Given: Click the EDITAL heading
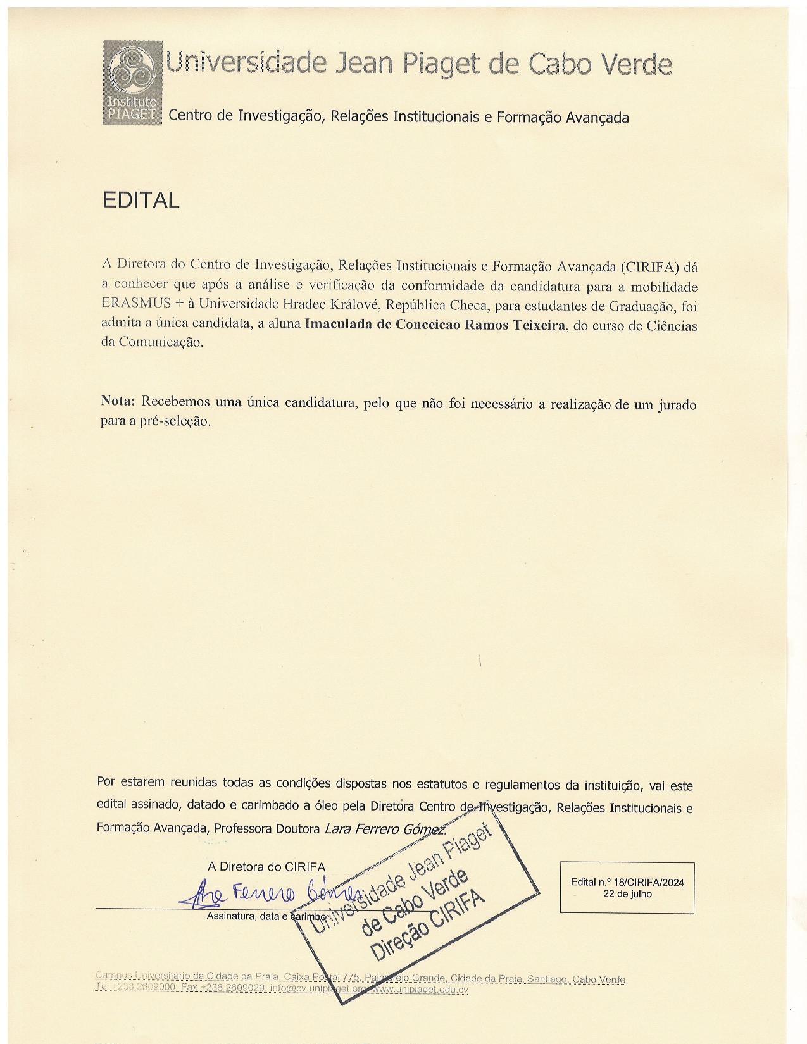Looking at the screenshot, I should (x=141, y=201).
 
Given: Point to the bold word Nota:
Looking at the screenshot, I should (x=118, y=401).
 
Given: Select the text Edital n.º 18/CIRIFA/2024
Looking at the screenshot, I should (x=627, y=882).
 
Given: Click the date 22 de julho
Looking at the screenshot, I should (x=627, y=894).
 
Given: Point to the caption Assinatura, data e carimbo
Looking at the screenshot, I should (x=266, y=916).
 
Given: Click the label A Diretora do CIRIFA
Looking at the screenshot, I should (x=266, y=867).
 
